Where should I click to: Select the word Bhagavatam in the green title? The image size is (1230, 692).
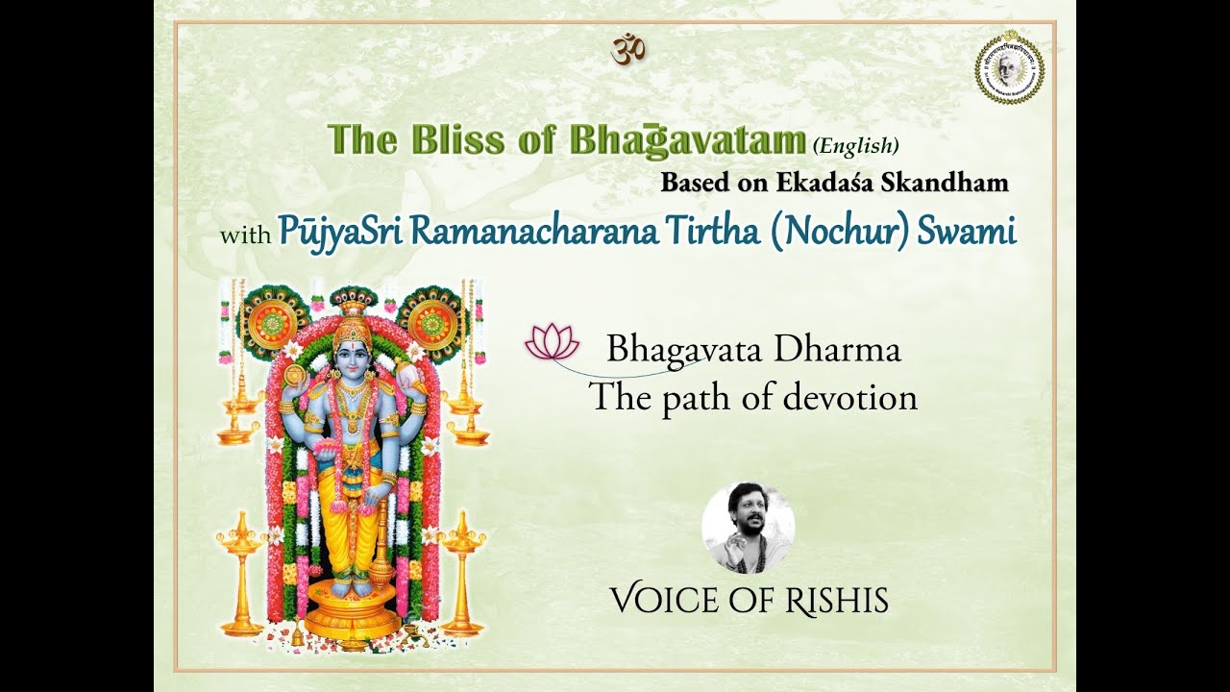687,140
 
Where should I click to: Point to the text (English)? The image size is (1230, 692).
855,146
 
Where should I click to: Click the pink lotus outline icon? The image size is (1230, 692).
553,342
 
